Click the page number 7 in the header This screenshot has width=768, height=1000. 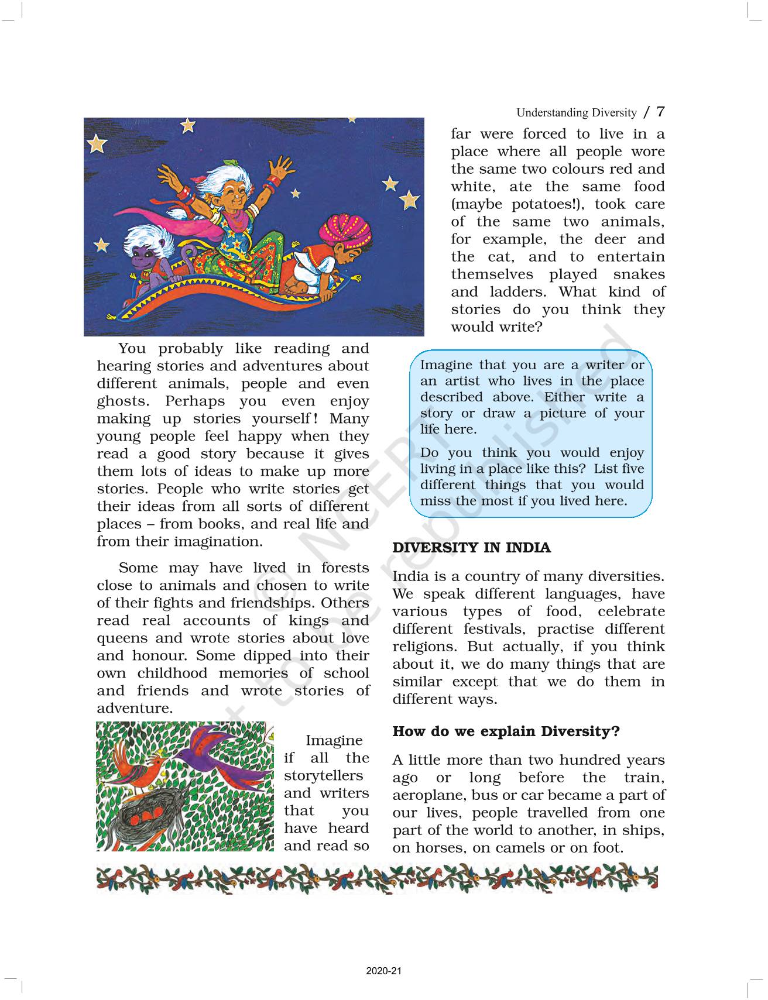(x=660, y=111)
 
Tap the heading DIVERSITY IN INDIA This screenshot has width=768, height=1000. (x=471, y=548)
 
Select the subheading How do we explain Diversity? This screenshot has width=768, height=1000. (x=506, y=731)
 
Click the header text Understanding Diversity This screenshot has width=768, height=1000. (x=576, y=113)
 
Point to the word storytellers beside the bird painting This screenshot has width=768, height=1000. (x=323, y=776)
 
